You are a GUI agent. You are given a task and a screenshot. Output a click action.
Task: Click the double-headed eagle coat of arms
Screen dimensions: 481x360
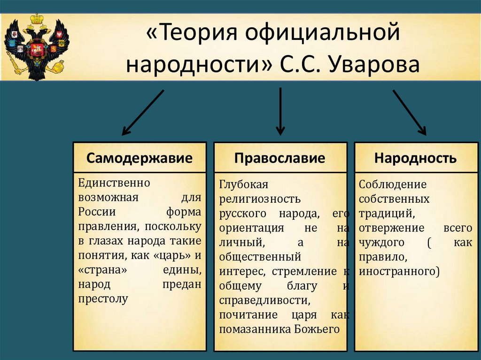pos(36,47)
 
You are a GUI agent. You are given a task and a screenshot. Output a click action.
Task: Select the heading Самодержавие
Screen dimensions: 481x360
pos(140,158)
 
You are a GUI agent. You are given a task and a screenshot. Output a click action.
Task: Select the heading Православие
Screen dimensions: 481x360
pos(280,158)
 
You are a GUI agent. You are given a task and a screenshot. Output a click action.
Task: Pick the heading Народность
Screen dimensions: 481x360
pos(415,158)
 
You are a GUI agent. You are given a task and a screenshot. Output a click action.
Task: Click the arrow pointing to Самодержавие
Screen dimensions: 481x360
pos(142,113)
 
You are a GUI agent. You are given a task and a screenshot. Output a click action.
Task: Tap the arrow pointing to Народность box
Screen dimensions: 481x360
pos(410,113)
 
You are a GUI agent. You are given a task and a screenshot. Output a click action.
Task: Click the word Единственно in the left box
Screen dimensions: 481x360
pos(114,182)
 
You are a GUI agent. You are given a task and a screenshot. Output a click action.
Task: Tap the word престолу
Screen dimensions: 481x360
pos(103,299)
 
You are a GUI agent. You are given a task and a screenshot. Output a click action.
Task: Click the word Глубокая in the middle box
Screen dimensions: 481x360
pos(243,184)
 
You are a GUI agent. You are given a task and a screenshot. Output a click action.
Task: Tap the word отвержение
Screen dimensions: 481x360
pos(391,228)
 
